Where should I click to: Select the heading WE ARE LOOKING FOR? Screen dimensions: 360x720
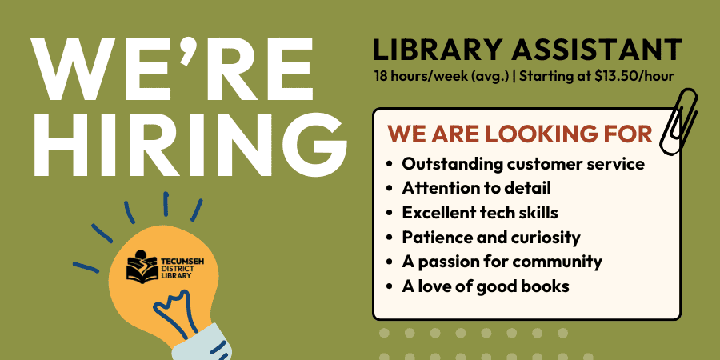click(520, 132)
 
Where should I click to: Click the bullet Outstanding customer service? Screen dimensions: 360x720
click(523, 164)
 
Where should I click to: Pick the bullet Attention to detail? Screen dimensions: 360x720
click(476, 189)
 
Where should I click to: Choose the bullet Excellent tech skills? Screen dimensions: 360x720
click(479, 213)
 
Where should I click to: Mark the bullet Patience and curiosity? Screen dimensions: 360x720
click(490, 238)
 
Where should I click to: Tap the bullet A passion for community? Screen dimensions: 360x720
click(502, 262)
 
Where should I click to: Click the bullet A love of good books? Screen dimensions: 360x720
click(486, 286)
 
